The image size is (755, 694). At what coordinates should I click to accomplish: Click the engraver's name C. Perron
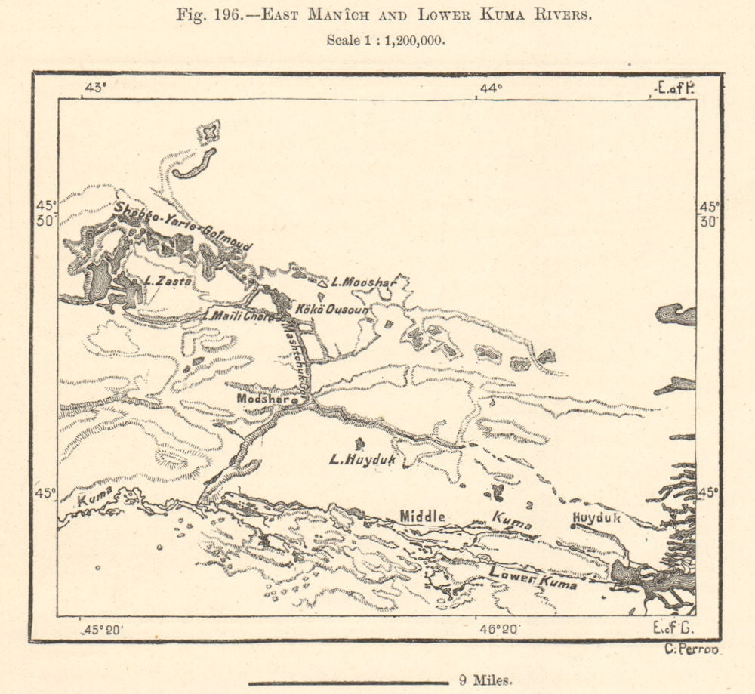[691, 650]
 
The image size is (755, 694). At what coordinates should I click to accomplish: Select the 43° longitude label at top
[95, 88]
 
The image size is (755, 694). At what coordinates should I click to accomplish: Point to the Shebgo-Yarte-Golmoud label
[183, 225]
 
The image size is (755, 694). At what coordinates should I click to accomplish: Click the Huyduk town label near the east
[596, 518]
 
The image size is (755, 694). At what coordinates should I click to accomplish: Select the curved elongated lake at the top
[195, 164]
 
